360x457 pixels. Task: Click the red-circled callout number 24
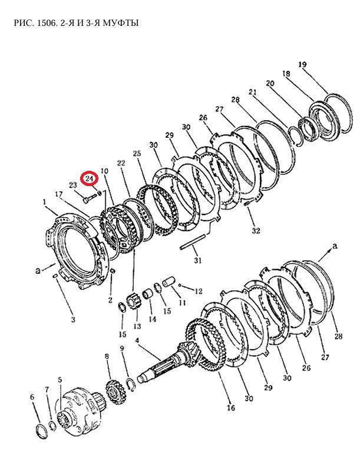click(x=90, y=178)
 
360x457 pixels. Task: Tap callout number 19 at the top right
click(x=302, y=64)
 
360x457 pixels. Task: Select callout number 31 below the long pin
click(x=198, y=260)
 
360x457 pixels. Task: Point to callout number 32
click(x=256, y=231)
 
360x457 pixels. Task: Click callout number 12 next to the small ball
click(x=198, y=291)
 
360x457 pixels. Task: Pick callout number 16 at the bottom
click(x=231, y=408)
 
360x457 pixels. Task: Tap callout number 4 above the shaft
click(x=137, y=340)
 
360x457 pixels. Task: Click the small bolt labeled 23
click(x=90, y=199)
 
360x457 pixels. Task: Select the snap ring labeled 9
click(x=131, y=385)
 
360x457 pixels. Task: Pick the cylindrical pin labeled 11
click(x=169, y=282)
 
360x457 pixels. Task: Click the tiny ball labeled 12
click(x=181, y=285)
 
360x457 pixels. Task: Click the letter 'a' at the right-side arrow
click(x=335, y=246)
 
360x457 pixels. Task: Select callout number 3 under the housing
click(x=73, y=319)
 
